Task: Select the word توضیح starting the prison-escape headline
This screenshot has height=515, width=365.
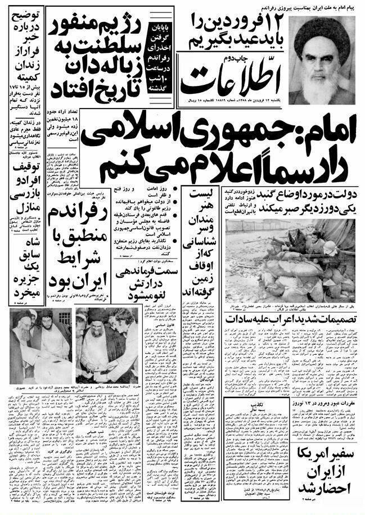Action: [26, 16]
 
